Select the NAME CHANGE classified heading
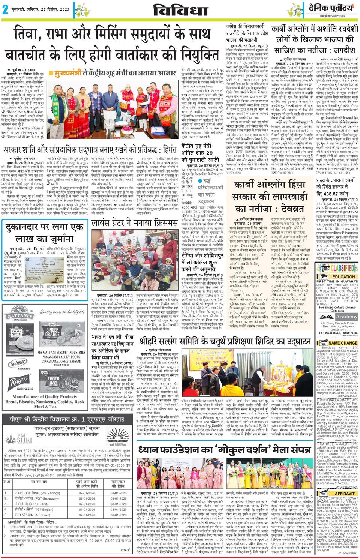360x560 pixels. pyautogui.click(x=343, y=343)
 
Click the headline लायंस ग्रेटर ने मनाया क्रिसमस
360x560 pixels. pyautogui.click(x=135, y=224)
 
